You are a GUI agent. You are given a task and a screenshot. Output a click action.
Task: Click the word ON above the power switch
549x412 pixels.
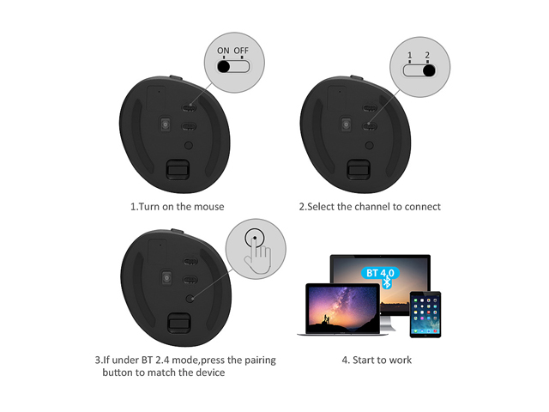pyautogui.click(x=223, y=51)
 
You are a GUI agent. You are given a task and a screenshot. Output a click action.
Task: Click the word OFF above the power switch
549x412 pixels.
pyautogui.click(x=242, y=51)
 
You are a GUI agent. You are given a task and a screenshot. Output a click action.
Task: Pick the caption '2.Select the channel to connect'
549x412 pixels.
pyautogui.click(x=370, y=206)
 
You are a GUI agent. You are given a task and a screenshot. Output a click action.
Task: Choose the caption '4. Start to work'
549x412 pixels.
pyautogui.click(x=377, y=360)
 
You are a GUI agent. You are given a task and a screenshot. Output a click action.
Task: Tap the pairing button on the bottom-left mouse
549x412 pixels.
pyautogui.click(x=189, y=298)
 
